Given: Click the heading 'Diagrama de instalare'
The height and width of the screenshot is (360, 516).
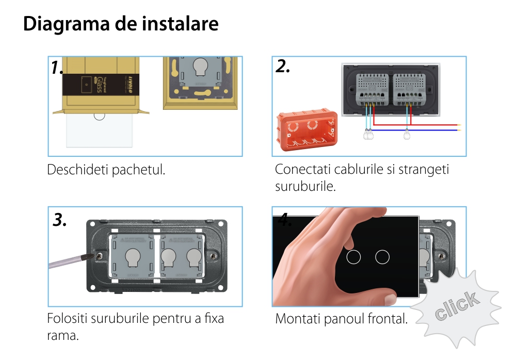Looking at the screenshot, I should click(x=121, y=24).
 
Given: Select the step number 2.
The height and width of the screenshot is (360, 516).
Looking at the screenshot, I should click(x=283, y=67).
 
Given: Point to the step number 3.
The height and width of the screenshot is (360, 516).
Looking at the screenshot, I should click(x=60, y=220).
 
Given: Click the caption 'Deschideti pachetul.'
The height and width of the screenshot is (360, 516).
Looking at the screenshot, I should click(x=106, y=170).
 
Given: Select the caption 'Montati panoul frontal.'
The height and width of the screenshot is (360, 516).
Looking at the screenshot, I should click(x=341, y=319).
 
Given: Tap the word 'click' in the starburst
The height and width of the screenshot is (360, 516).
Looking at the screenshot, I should click(x=456, y=306).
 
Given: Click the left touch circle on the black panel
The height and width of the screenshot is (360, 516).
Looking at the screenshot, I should click(x=353, y=256).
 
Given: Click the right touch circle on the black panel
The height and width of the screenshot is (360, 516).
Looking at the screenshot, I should click(x=382, y=256).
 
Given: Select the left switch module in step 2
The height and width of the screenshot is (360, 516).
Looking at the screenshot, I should click(x=368, y=85).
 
